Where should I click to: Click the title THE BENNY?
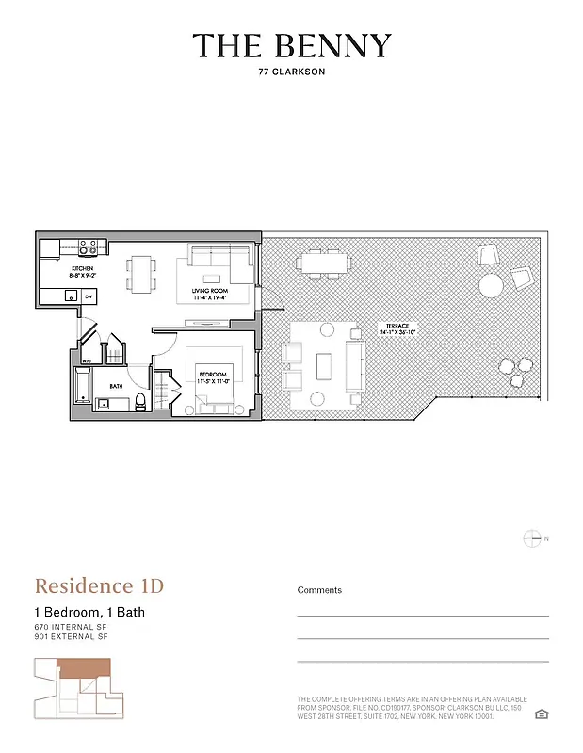[x=291, y=45]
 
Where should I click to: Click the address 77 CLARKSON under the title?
[x=291, y=70]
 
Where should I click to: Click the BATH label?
[x=116, y=386]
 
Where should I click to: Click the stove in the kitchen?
[x=88, y=248]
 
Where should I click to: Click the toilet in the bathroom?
[x=140, y=403]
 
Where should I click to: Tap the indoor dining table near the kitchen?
[x=142, y=274]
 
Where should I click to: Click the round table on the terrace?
[x=491, y=284]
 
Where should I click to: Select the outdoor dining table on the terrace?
[x=320, y=263]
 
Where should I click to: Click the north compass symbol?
[x=531, y=538]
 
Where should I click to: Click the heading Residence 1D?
[x=99, y=586]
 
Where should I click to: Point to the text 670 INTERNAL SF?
[x=72, y=627]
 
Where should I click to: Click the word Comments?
[x=319, y=590]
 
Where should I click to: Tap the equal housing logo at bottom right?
[x=541, y=714]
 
